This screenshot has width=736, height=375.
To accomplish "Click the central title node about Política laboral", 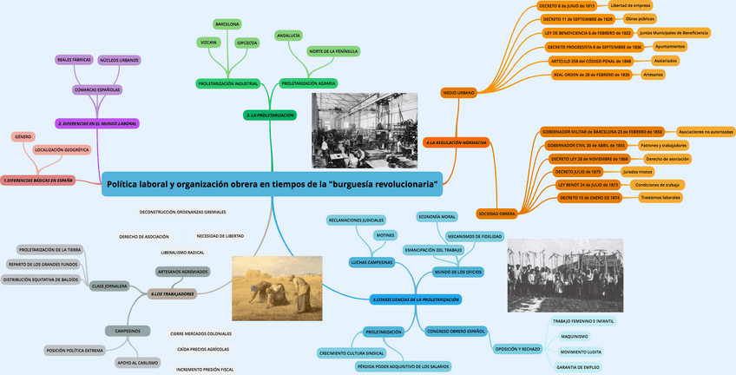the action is (x=272, y=184).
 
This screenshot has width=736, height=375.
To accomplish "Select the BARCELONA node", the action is (x=227, y=24).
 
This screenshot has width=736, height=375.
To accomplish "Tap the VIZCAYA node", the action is (x=208, y=42).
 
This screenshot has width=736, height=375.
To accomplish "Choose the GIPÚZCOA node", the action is (x=247, y=43).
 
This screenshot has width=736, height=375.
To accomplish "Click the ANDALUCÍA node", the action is (x=288, y=36).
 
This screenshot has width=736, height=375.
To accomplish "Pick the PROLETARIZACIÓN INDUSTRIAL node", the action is (x=228, y=83).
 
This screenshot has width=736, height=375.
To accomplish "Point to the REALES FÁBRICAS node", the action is (x=74, y=60).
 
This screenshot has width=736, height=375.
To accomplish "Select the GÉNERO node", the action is (x=23, y=136).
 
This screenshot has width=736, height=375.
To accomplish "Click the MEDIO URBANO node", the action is (x=458, y=91).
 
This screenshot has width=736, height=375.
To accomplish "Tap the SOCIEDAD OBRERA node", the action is (x=496, y=213).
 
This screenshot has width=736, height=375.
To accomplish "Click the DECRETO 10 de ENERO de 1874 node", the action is (x=589, y=198).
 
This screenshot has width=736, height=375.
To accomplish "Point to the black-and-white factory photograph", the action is (x=365, y=130).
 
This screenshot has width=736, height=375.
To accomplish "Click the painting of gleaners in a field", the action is (x=277, y=288).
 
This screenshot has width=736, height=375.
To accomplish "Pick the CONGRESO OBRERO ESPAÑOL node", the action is (x=456, y=332).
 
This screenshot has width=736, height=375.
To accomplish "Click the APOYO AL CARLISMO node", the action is (x=137, y=362).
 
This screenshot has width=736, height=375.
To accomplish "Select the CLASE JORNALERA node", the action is (x=110, y=286).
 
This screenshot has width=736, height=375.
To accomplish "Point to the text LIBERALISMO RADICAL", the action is (x=182, y=252).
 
